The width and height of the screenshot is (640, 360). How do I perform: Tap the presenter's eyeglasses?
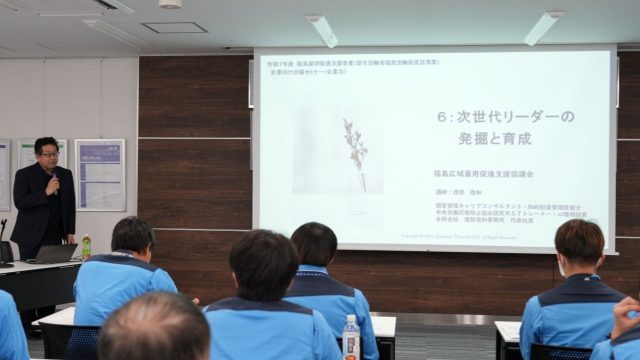click(x=48, y=155)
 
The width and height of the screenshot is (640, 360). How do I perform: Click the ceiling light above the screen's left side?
click(x=322, y=30)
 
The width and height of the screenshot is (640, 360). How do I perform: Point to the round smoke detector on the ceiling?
click(x=170, y=4)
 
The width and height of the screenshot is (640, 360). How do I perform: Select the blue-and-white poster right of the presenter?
click(x=100, y=174)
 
